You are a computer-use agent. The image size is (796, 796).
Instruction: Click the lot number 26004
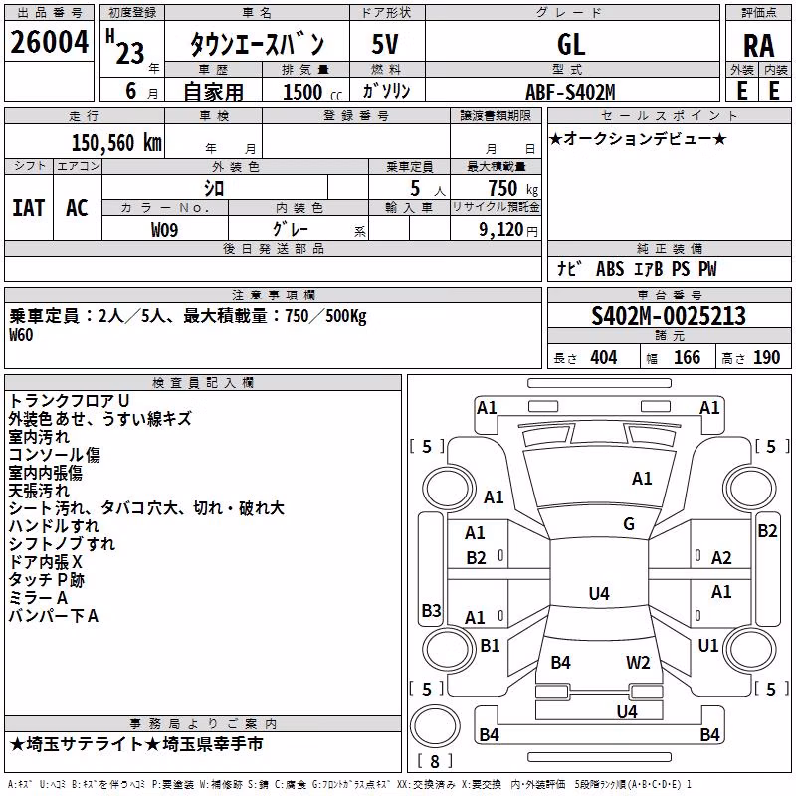(x=49, y=42)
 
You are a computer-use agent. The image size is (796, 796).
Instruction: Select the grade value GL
(x=571, y=44)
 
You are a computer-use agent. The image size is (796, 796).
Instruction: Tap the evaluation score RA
(x=759, y=46)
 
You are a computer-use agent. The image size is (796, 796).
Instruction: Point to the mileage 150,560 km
(x=116, y=143)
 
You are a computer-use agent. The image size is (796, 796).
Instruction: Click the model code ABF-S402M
(x=570, y=92)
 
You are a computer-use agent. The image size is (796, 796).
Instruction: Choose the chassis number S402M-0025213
(x=669, y=316)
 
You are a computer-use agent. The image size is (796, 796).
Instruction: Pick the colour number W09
(x=164, y=230)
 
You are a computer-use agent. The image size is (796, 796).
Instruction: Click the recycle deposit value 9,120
(x=500, y=230)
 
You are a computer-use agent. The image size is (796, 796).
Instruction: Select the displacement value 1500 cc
(x=312, y=92)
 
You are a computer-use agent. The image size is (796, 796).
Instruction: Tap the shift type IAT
(x=28, y=208)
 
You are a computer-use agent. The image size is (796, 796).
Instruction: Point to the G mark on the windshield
(x=629, y=523)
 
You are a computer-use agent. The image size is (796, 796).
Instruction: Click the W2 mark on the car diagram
(x=638, y=662)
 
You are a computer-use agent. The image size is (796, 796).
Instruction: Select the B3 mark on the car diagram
(x=431, y=610)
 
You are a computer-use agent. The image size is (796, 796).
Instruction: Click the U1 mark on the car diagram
(x=708, y=645)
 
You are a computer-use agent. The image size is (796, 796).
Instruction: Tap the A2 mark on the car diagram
(x=721, y=558)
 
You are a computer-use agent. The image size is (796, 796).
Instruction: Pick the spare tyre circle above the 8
(x=435, y=725)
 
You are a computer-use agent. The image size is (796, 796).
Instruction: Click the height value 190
(x=766, y=357)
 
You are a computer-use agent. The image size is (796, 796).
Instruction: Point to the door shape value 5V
(x=385, y=44)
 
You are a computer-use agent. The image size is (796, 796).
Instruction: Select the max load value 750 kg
(x=512, y=188)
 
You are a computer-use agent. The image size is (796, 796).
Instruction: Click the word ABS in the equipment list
(x=610, y=269)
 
